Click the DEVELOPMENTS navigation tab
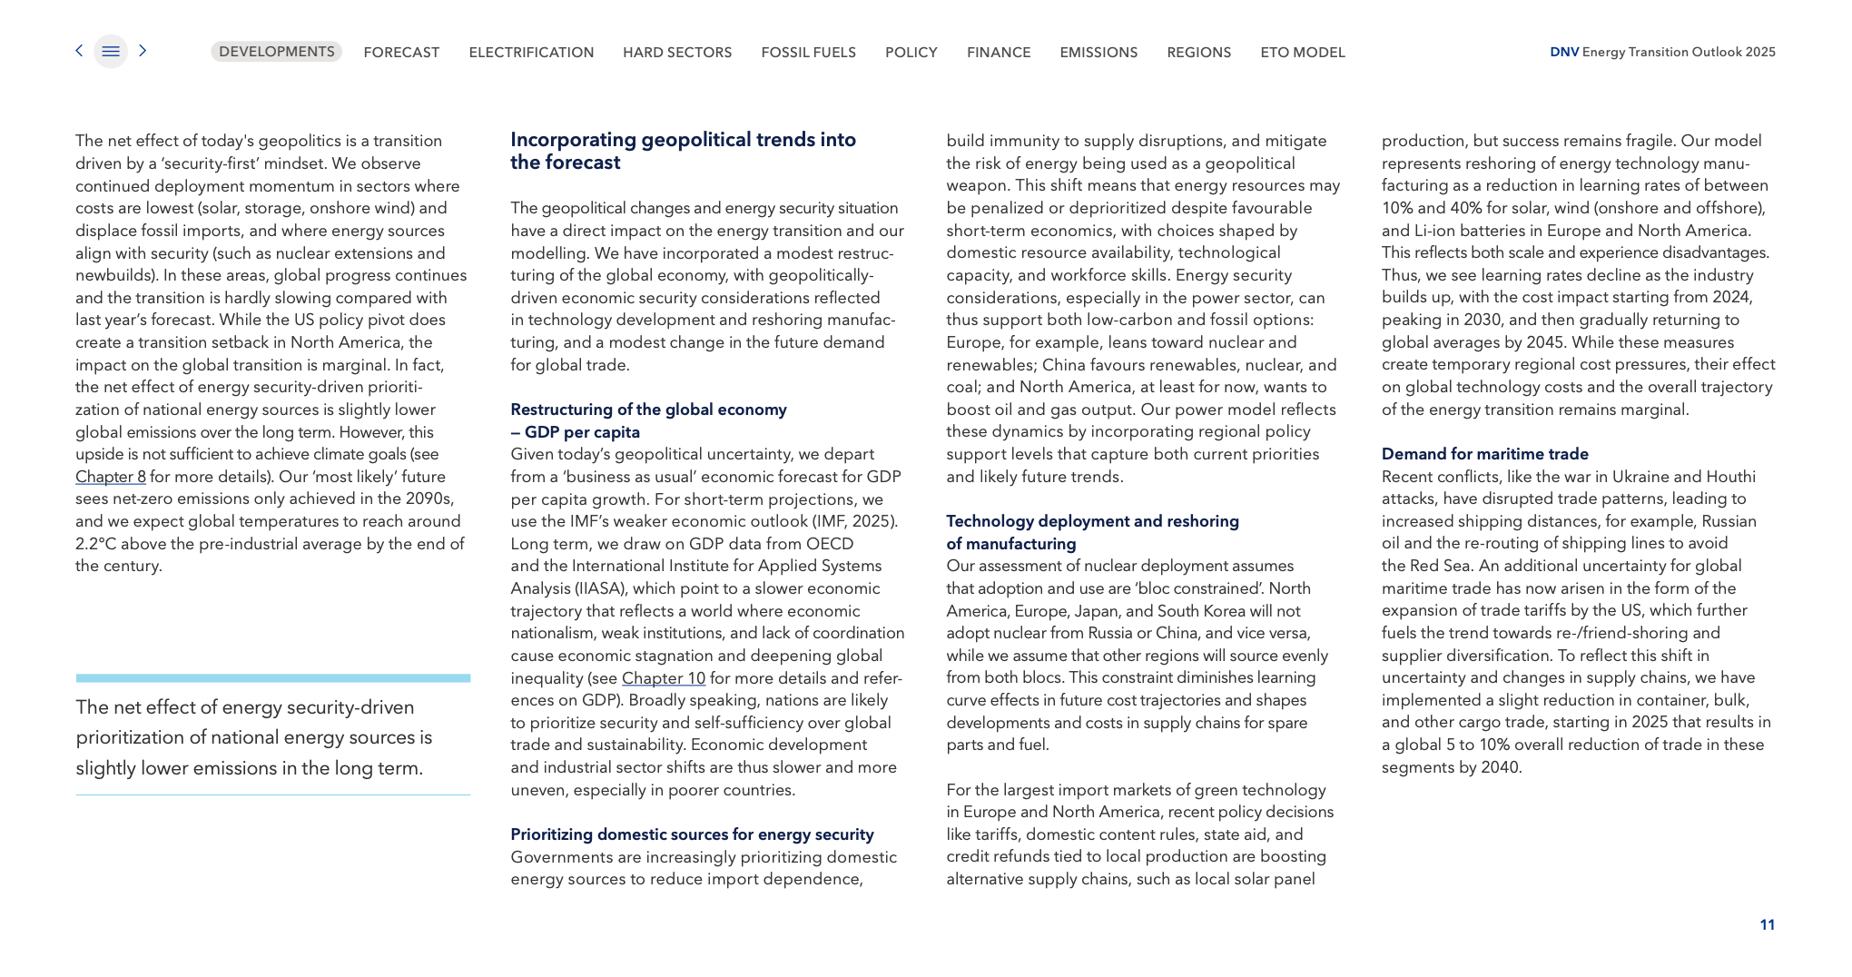276,52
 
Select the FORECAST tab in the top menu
401,53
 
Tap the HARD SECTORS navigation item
677,53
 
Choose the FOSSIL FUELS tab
808,53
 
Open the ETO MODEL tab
1302,53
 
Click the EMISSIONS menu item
1098,53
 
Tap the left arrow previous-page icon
79,51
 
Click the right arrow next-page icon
143,51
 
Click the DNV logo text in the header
1563,52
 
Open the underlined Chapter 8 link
110,477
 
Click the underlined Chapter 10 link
663,678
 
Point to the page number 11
1767,924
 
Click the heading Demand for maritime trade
1484,454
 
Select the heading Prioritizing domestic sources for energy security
692,834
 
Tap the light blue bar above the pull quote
272,678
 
